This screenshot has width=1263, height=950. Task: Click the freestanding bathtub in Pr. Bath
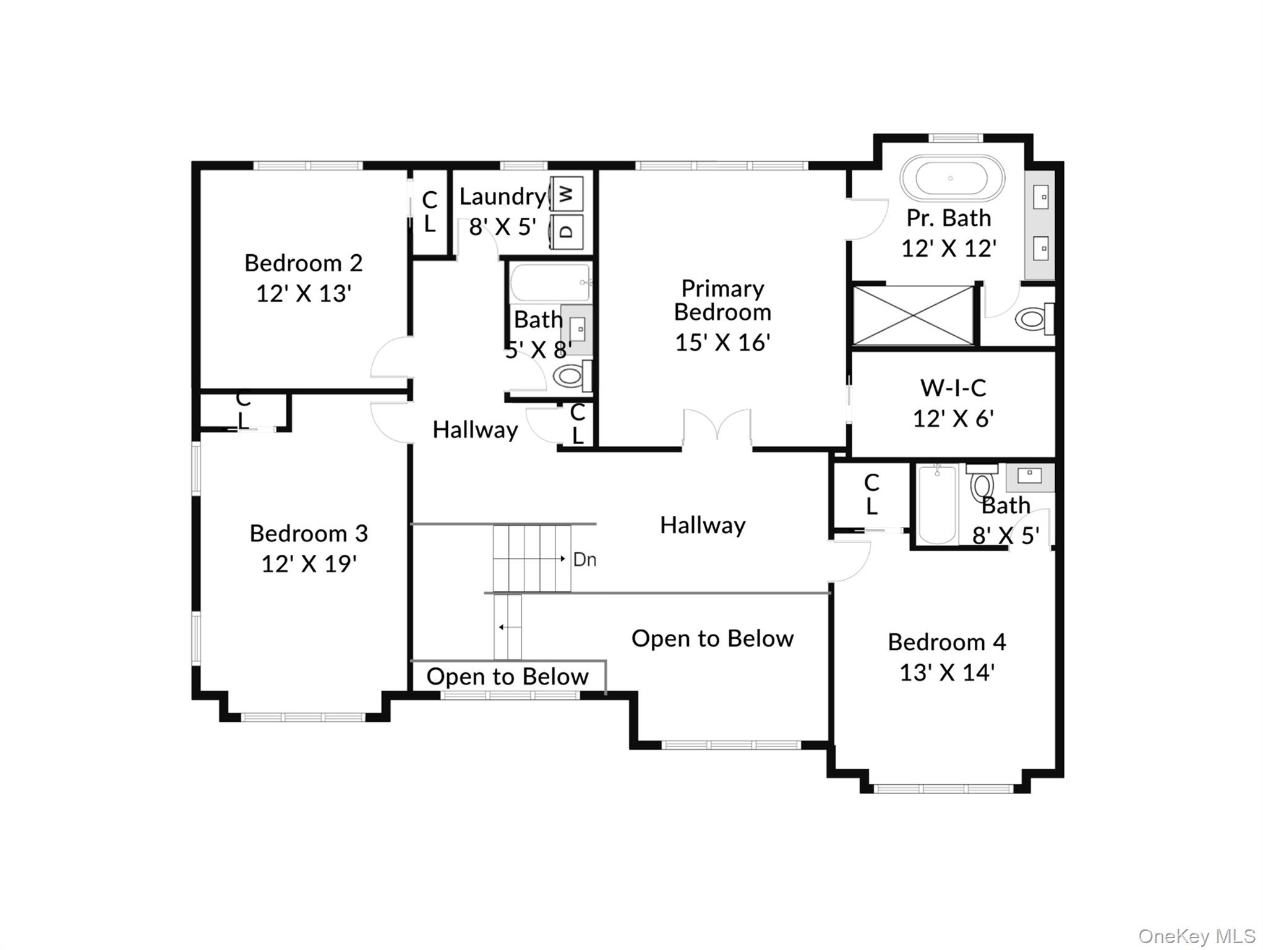click(x=951, y=178)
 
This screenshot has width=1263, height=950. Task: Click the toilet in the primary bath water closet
click(x=1032, y=319)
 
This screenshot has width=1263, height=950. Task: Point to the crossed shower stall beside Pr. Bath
click(x=913, y=315)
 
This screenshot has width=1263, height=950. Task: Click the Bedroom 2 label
click(x=303, y=263)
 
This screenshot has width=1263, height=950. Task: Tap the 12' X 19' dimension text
click(x=309, y=564)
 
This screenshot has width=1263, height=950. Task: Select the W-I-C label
click(x=953, y=388)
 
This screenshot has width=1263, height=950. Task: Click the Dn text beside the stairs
click(x=584, y=560)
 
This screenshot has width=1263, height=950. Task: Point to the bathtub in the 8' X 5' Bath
click(x=936, y=505)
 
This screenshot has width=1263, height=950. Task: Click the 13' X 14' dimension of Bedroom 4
click(x=946, y=673)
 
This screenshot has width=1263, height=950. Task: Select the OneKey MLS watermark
click(x=1196, y=936)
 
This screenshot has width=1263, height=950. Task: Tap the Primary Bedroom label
click(x=722, y=301)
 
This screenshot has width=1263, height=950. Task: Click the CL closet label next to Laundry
click(x=429, y=212)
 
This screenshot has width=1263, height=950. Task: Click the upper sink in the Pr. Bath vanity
click(x=1041, y=198)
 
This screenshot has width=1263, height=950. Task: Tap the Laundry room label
click(x=502, y=197)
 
